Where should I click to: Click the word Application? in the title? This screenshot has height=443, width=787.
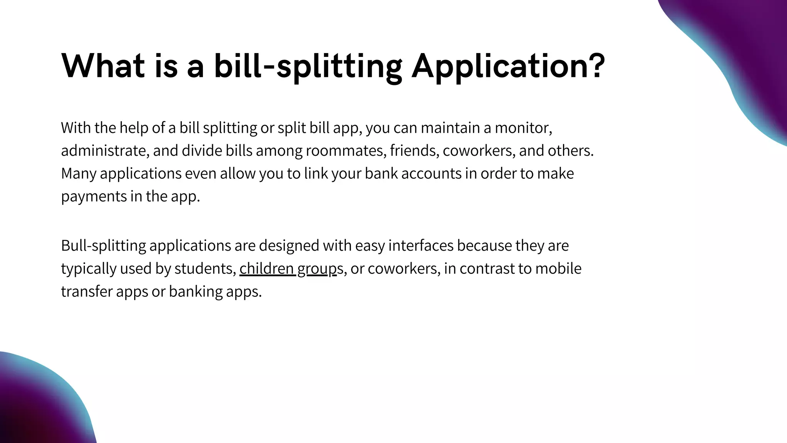pyautogui.click(x=508, y=66)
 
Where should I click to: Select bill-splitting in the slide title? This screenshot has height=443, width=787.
pyautogui.click(x=308, y=66)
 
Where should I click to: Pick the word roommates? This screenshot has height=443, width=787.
pyautogui.click(x=346, y=150)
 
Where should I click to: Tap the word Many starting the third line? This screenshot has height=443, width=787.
pyautogui.click(x=78, y=173)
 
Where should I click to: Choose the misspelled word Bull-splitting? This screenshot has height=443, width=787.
pyautogui.click(x=103, y=246)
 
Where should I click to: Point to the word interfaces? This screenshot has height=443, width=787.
pyautogui.click(x=421, y=245)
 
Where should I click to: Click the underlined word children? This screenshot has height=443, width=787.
pyautogui.click(x=267, y=268)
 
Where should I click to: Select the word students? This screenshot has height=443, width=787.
pyautogui.click(x=205, y=268)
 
